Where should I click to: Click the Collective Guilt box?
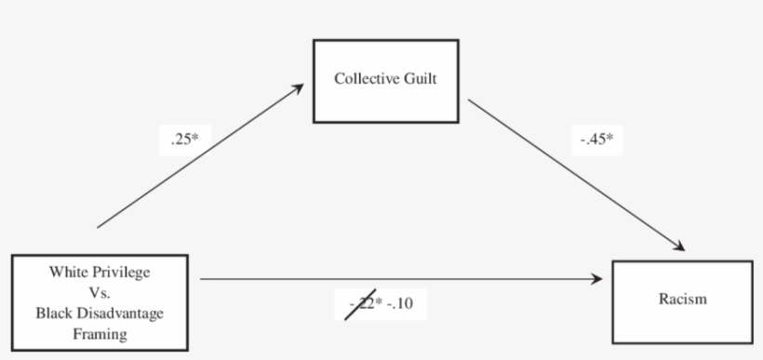click(385, 81)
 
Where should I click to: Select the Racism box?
click(683, 300)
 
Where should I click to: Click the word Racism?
click(683, 300)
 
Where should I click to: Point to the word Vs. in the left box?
click(100, 293)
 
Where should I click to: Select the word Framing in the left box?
click(100, 334)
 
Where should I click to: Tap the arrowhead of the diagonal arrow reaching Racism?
click(680, 247)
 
